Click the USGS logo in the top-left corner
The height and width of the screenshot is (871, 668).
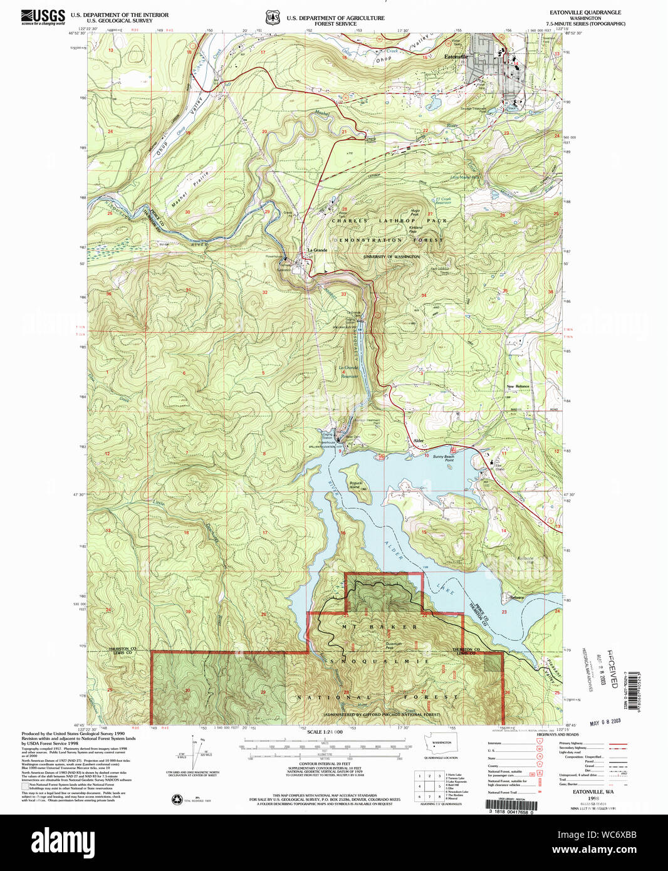pyautogui.click(x=43, y=17)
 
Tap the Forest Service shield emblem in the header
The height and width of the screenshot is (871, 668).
pyautogui.click(x=271, y=18)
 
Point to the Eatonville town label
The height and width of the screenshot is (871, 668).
pyautogui.click(x=456, y=57)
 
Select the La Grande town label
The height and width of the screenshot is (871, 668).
pyautogui.click(x=317, y=250)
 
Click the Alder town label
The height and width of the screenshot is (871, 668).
pyautogui.click(x=418, y=441)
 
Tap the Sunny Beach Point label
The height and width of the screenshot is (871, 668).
pyautogui.click(x=443, y=458)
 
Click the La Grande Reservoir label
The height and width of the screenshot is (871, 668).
pyautogui.click(x=349, y=372)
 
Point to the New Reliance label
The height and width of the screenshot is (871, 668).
pyautogui.click(x=518, y=387)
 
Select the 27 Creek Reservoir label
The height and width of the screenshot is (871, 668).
pyautogui.click(x=443, y=201)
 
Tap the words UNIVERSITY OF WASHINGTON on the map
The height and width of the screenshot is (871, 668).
pyautogui.click(x=392, y=256)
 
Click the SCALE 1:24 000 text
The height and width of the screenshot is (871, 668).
pyautogui.click(x=325, y=732)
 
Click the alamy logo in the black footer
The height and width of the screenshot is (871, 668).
pyautogui.click(x=63, y=840)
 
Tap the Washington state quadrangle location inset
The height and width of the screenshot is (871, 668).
pyautogui.click(x=441, y=749)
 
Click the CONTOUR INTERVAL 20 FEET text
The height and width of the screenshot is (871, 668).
pyautogui.click(x=325, y=764)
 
